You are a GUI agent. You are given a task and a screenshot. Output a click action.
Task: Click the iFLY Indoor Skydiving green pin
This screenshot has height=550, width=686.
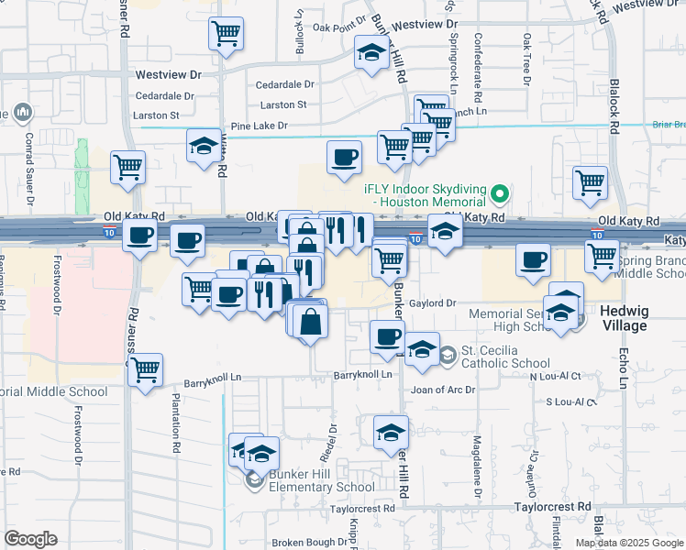500,194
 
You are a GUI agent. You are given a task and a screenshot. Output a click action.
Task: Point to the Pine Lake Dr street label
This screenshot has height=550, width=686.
259,125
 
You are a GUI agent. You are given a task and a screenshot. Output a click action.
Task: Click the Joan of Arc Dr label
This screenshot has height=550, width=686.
444,390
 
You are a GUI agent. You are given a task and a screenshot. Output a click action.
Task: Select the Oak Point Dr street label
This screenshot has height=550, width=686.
333,27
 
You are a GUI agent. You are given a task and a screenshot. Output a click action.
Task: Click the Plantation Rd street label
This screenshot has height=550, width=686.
175,423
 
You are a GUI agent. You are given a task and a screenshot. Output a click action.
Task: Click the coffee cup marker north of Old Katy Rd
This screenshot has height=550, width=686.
345,156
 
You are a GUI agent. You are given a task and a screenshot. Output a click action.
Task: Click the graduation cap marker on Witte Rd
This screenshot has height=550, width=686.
204,145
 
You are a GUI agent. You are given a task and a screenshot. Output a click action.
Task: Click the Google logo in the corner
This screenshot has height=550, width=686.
31,539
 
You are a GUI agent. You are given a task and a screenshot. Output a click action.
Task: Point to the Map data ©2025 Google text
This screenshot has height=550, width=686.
628,543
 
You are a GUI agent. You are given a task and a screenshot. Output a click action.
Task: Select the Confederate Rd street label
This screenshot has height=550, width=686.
478,69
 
